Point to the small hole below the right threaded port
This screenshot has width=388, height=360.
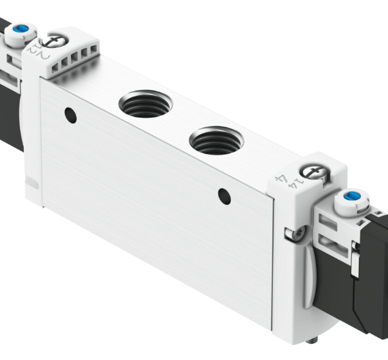coord(224,194)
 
